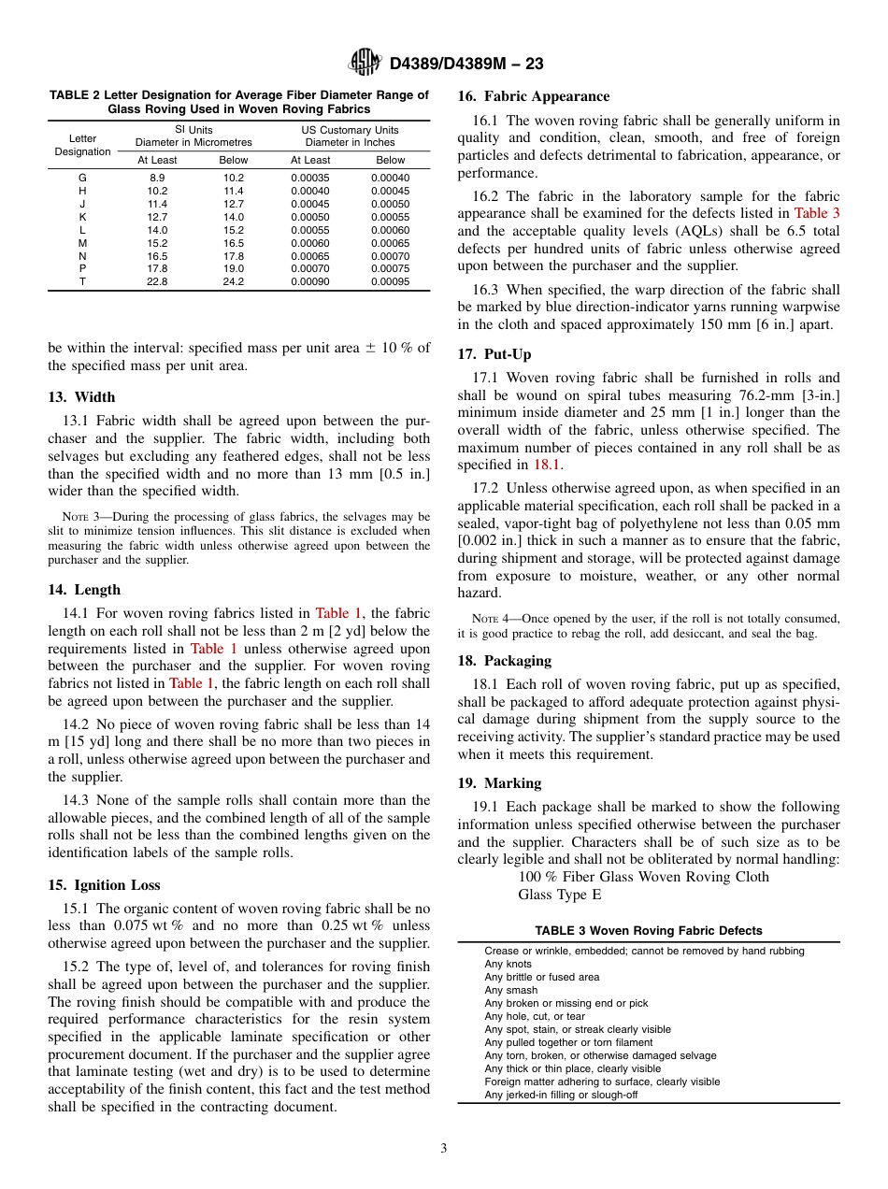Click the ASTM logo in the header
(364, 63)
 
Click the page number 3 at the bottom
(444, 1148)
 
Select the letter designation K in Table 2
(82, 217)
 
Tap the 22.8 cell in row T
(157, 282)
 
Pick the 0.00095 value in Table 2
(390, 282)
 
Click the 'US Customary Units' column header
(350, 130)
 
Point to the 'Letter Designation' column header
(82, 145)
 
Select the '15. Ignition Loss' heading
(104, 885)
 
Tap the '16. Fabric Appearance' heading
(533, 96)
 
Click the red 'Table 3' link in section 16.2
(816, 214)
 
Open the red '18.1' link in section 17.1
(547, 465)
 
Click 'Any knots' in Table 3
(508, 964)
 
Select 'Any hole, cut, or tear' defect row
(534, 1016)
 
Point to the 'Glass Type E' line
(559, 895)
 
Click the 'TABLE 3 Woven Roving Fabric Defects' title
(648, 931)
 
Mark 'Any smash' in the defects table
(510, 990)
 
